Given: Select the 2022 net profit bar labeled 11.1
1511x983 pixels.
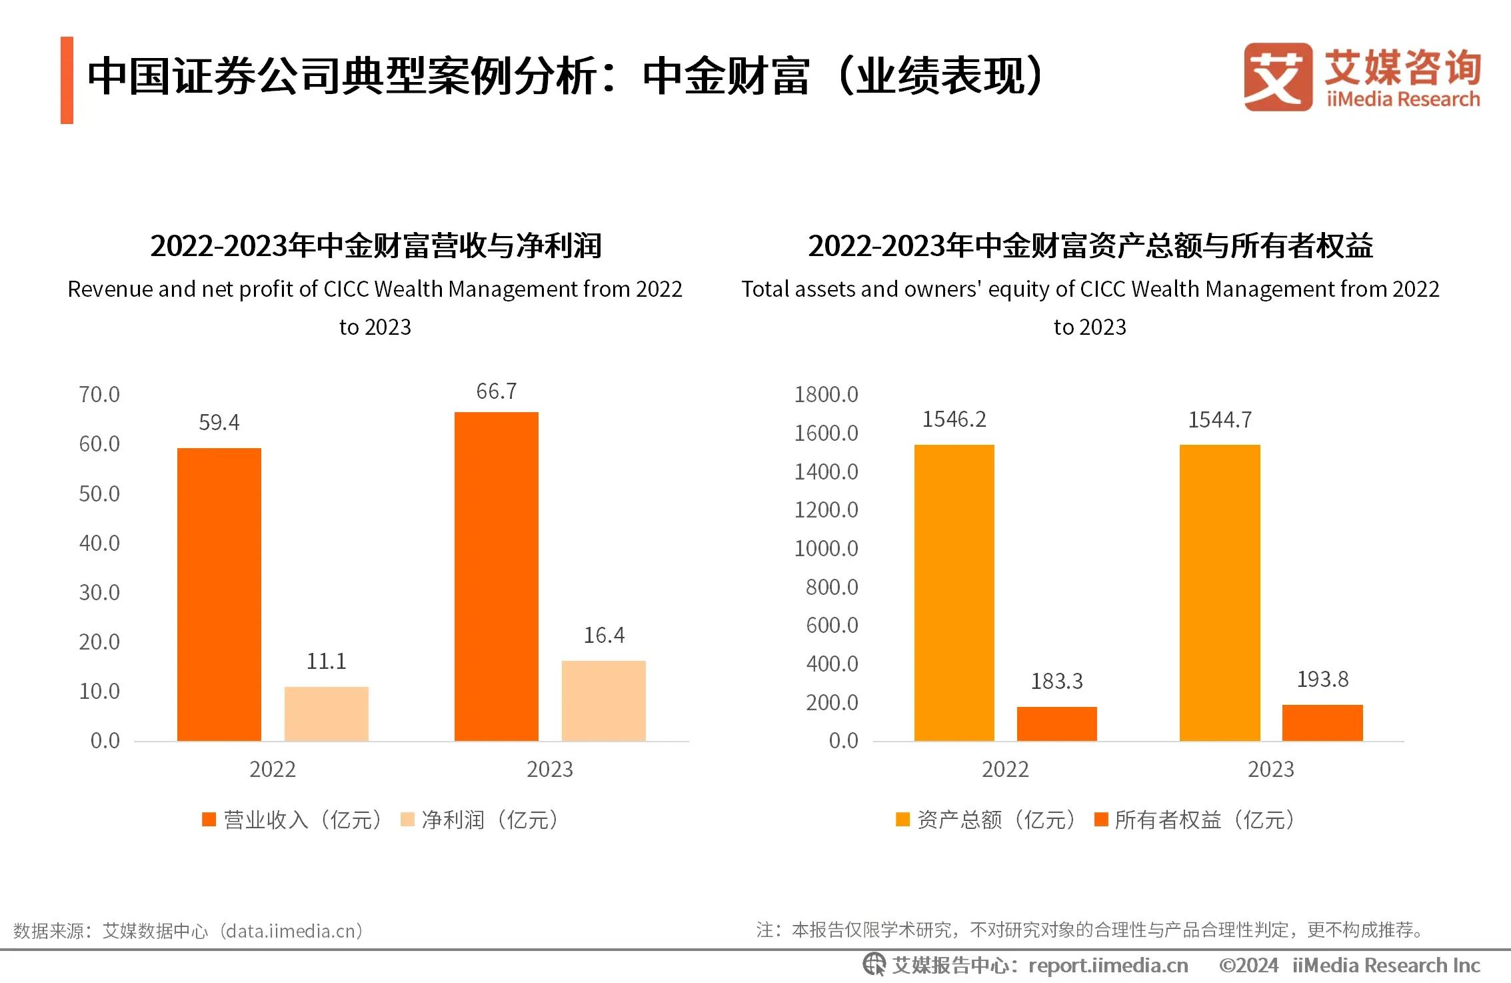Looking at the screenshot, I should tap(326, 713).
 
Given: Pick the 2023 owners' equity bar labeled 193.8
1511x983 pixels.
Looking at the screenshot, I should tap(1322, 722).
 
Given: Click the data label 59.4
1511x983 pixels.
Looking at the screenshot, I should tap(219, 422).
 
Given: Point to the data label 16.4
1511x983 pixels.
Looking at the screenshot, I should tap(604, 635).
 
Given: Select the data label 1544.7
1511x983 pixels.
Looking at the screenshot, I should tap(1220, 419).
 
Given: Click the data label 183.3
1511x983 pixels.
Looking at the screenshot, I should tap(1056, 681).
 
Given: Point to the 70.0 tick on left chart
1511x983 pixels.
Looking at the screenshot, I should tap(99, 394).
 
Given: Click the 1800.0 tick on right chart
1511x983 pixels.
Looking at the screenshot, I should tap(826, 394).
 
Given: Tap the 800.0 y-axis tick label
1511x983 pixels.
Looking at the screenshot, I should tap(831, 587).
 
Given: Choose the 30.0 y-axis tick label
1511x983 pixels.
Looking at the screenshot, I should tap(99, 592).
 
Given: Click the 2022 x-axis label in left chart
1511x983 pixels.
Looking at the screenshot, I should tap(272, 769).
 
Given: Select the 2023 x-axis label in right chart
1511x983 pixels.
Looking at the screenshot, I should tap(1270, 769).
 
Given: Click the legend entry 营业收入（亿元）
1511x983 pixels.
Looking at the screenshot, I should tap(293, 820).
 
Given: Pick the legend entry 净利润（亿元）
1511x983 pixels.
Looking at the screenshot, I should tap(480, 820).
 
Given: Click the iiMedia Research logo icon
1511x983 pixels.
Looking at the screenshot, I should tap(1277, 77).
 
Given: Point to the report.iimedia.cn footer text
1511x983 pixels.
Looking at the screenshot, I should tap(1108, 965).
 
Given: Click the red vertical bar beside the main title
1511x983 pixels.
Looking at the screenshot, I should tap(67, 80).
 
